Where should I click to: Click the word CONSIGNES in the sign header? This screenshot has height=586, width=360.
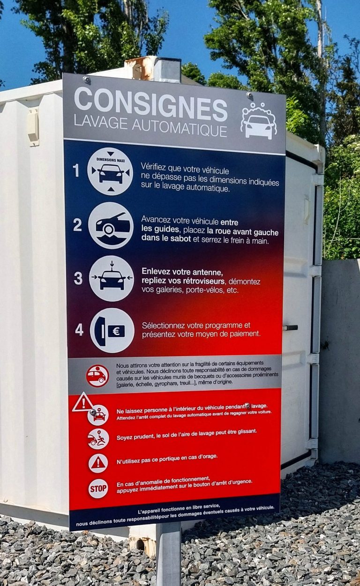click(x=150, y=104)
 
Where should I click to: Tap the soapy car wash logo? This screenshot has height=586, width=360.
click(x=259, y=120)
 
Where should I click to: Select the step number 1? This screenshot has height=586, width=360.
click(x=76, y=171)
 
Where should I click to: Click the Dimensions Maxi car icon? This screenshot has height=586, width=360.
click(x=110, y=171)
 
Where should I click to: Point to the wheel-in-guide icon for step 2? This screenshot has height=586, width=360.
click(x=111, y=225)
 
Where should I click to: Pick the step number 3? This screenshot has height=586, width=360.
click(x=78, y=278)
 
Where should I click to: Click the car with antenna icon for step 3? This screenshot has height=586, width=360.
click(x=112, y=278)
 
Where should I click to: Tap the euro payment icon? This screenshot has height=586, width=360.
click(x=112, y=330)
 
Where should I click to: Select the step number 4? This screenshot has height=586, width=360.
click(x=79, y=330)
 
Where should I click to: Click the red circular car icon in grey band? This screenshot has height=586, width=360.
click(x=97, y=376)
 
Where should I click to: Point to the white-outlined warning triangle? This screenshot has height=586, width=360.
click(x=83, y=402)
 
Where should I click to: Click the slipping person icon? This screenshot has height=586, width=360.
click(x=98, y=439)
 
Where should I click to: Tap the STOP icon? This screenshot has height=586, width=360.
click(x=98, y=489)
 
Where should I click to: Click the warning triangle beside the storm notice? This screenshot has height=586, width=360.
click(x=98, y=464)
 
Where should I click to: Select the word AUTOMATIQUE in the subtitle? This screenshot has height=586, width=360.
click(x=180, y=129)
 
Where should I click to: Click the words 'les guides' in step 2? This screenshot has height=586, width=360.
click(x=160, y=230)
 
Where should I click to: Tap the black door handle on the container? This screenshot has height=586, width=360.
click(x=290, y=327)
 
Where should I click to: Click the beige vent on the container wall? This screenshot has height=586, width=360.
click(x=33, y=127)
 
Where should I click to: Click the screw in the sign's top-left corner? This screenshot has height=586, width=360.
click(x=86, y=79)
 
